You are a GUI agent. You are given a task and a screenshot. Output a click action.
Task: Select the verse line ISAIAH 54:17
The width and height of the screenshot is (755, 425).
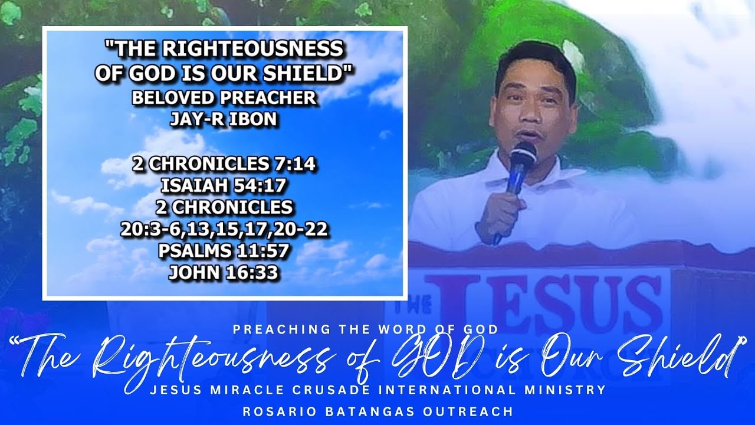click(224, 186)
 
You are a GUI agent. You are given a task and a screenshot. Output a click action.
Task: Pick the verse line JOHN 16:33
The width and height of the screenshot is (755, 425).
click(224, 273)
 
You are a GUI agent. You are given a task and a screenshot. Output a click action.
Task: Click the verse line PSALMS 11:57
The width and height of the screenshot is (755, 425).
click(224, 251)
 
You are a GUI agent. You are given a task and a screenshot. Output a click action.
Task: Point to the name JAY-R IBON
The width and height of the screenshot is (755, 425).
click(224, 119)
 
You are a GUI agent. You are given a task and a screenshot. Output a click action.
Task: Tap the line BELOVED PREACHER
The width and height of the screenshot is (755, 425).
click(224, 98)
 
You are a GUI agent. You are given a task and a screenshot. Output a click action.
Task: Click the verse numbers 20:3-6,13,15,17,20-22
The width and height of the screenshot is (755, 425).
click(224, 230)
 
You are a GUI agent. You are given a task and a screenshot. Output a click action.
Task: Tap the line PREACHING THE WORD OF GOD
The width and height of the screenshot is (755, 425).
click(366, 329)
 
